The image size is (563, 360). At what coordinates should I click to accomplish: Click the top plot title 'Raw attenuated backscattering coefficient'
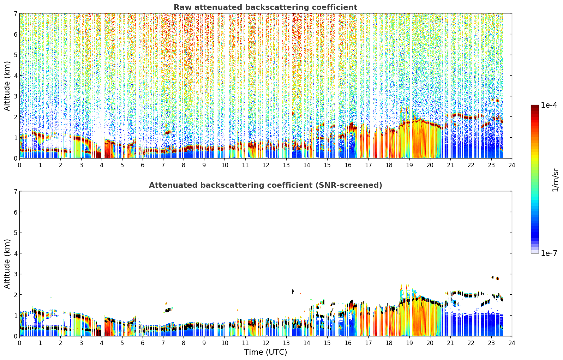click(x=265, y=7)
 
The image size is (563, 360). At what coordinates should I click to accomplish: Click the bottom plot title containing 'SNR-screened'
click(x=265, y=185)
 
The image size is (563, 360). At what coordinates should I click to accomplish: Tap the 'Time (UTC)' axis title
click(x=265, y=352)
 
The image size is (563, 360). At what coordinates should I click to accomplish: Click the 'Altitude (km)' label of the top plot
click(x=7, y=86)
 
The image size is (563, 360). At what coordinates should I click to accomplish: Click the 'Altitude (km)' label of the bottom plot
click(x=7, y=264)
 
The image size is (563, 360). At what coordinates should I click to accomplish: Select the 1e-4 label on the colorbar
click(x=549, y=105)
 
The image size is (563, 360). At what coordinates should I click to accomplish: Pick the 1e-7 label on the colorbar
click(x=549, y=253)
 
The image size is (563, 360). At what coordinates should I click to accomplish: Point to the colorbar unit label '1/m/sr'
click(x=555, y=180)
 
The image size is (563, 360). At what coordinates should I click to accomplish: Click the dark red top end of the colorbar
click(x=535, y=106)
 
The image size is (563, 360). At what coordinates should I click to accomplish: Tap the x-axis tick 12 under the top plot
click(x=266, y=165)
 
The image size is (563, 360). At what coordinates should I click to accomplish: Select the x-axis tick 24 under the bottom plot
click(x=512, y=343)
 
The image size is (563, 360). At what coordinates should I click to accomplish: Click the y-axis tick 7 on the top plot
click(x=16, y=13)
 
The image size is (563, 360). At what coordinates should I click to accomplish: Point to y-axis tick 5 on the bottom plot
click(x=16, y=233)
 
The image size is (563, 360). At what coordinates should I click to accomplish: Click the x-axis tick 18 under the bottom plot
click(x=389, y=343)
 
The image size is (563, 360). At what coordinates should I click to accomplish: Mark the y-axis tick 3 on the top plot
click(x=16, y=96)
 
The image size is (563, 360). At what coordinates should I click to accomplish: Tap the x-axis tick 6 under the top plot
click(x=143, y=165)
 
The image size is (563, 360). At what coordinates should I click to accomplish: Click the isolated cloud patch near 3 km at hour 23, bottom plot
click(x=495, y=278)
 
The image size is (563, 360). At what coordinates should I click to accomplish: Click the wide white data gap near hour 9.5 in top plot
click(x=215, y=85)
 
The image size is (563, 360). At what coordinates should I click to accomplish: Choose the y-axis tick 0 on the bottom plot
click(x=16, y=336)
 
